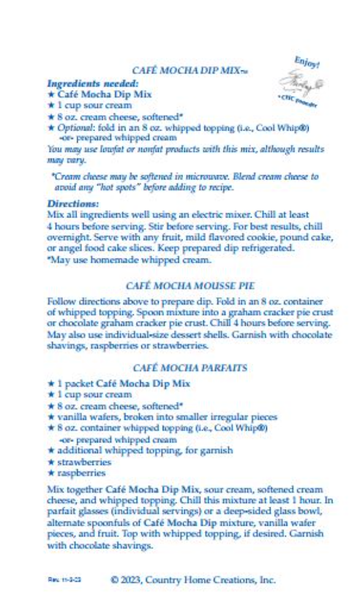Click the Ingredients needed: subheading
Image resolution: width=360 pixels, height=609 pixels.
[x=92, y=83]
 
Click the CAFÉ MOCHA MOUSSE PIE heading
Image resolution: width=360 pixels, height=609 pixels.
[x=189, y=286]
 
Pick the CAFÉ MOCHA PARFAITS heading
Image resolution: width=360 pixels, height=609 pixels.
[x=189, y=368]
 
